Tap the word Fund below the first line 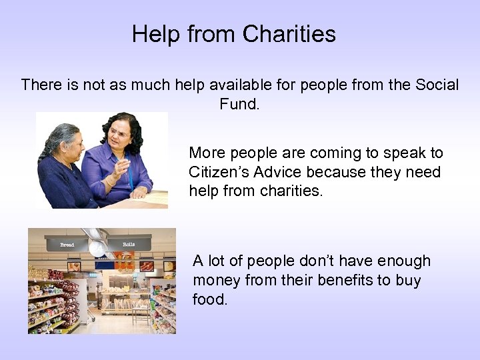237,105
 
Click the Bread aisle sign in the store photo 67,245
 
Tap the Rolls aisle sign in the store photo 129,245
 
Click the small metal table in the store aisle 140,308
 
